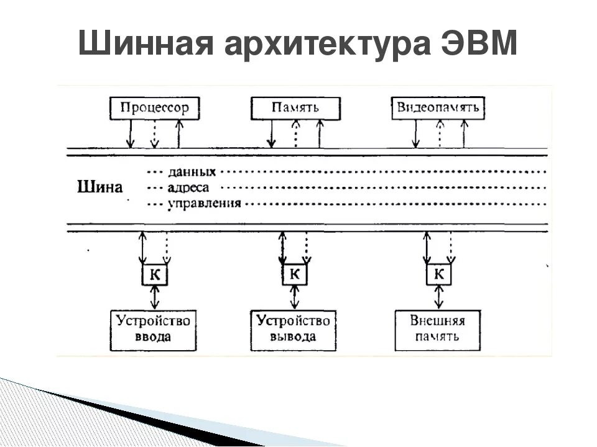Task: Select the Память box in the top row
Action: tap(295, 107)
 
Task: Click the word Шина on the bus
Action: tap(100, 187)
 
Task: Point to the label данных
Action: tap(192, 171)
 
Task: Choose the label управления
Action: tap(204, 203)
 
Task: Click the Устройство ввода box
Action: tap(154, 328)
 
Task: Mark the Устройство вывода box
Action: tap(293, 328)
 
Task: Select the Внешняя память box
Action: tap(438, 328)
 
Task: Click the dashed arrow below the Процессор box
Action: tap(154, 133)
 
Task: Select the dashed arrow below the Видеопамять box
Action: tap(439, 133)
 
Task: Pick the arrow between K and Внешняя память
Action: tap(439, 297)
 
